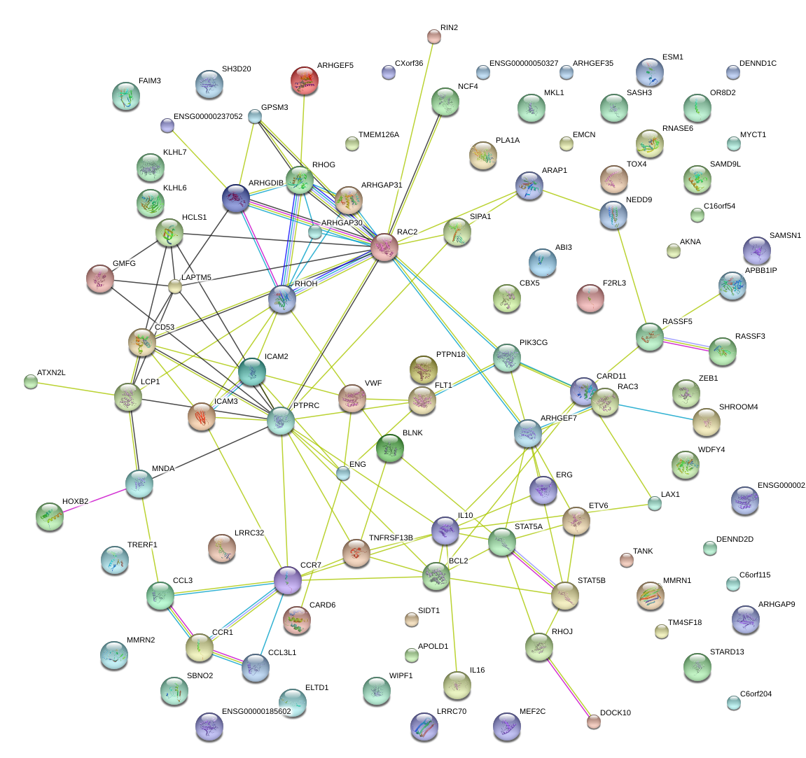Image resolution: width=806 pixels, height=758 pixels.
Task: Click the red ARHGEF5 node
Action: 304,81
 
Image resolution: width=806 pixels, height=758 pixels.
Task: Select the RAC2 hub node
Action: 384,248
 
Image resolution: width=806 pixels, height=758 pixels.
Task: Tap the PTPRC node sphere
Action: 281,421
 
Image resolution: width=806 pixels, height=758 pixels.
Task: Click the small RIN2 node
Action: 434,36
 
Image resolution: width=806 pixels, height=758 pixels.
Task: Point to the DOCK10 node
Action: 594,720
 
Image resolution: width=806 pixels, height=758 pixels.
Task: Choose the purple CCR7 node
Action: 287,580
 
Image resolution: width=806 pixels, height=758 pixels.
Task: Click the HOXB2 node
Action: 49,516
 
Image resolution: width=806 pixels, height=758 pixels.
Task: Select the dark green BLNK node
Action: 389,448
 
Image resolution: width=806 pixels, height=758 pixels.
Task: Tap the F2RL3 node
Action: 590,298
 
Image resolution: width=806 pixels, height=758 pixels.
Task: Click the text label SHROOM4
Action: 738,407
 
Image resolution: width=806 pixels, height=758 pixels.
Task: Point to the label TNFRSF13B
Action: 391,538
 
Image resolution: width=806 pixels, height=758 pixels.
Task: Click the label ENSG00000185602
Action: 256,711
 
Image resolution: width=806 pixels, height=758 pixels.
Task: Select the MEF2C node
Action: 507,727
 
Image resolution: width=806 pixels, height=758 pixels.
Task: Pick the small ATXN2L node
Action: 31,381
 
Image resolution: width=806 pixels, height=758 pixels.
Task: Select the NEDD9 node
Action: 613,215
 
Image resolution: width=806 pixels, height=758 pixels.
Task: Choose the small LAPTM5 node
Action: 175,286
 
